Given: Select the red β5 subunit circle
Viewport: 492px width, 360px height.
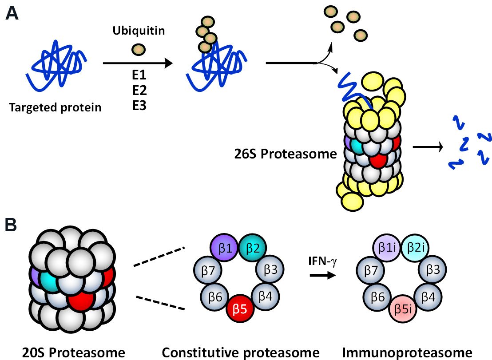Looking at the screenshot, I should (240, 310).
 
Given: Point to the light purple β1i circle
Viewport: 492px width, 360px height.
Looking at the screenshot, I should (389, 247).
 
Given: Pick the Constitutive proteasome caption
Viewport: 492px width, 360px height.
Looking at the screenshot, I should (240, 352).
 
